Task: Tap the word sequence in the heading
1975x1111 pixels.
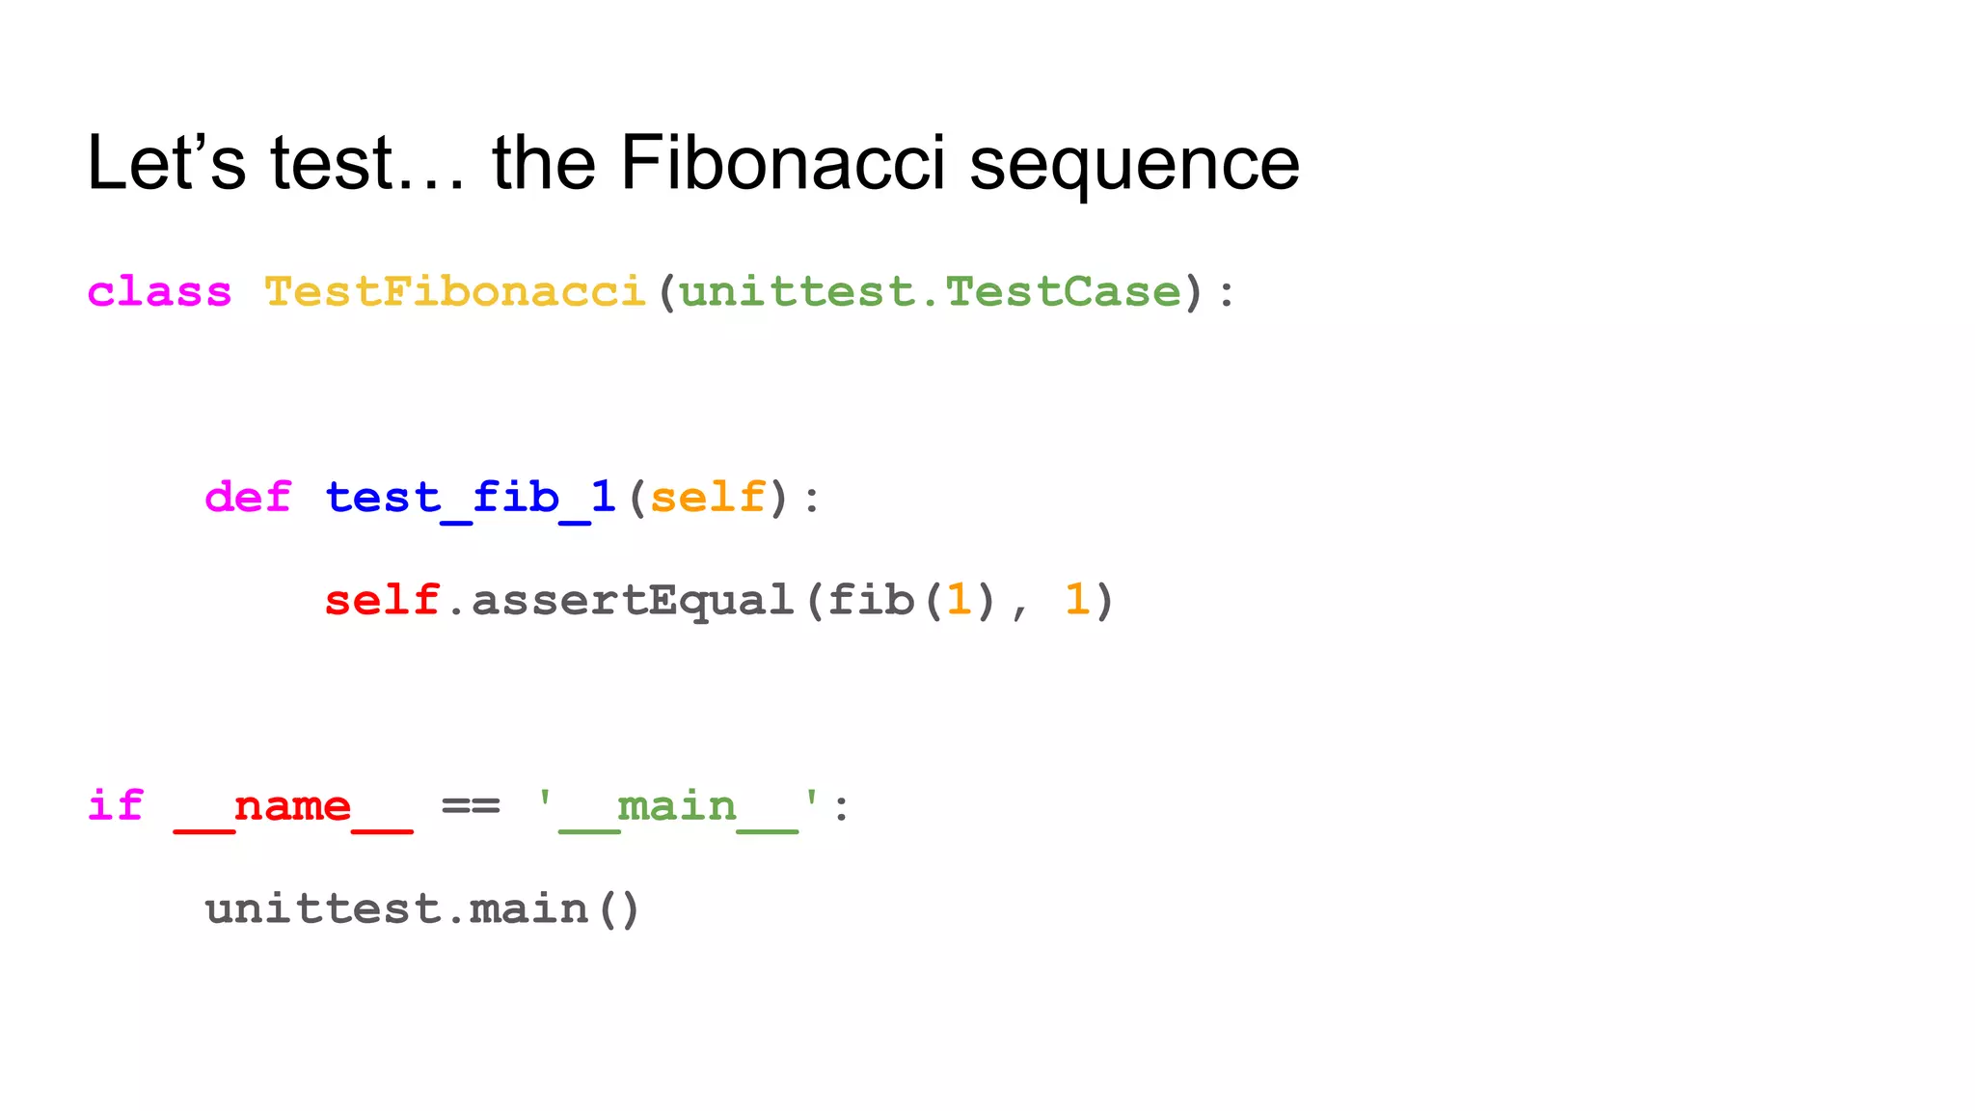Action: pyautogui.click(x=1134, y=166)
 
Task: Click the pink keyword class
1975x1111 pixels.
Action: pyautogui.click(x=159, y=291)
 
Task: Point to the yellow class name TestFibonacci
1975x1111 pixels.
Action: pyautogui.click(x=454, y=291)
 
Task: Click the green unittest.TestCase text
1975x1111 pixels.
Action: pyautogui.click(x=931, y=291)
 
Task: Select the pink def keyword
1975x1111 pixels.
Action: pyautogui.click(x=248, y=498)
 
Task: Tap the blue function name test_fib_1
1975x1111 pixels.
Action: pyautogui.click(x=471, y=498)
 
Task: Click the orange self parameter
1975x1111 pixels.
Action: pyautogui.click(x=708, y=498)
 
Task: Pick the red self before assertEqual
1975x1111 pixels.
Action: pyautogui.click(x=382, y=601)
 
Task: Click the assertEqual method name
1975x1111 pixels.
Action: pyautogui.click(x=633, y=601)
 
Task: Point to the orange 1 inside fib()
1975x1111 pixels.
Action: pyautogui.click(x=959, y=601)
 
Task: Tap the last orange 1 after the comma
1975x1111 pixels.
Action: pyautogui.click(x=1076, y=601)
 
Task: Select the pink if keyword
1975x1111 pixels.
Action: pyautogui.click(x=116, y=805)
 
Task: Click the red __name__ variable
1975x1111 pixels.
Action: pyautogui.click(x=293, y=807)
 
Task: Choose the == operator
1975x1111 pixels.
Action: pyautogui.click(x=471, y=805)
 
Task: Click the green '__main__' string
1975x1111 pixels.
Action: pyautogui.click(x=678, y=807)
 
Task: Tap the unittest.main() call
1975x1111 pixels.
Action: pyautogui.click(x=422, y=909)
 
